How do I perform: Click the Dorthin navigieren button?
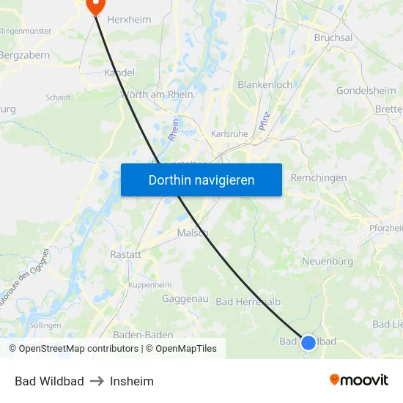pos(202,180)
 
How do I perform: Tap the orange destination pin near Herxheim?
pos(95,6)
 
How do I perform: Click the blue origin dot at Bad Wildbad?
pos(308,342)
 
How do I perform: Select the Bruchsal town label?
pos(333,37)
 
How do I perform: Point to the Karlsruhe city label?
pos(229,134)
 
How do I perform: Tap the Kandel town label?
pos(119,73)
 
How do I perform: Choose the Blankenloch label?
pos(265,85)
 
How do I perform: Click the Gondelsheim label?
pos(366,91)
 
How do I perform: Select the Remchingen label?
pos(319,178)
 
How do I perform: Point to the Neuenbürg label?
pos(328,262)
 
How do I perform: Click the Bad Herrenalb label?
pos(248,302)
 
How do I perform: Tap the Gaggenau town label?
pos(185,299)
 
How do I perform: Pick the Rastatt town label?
pos(125,254)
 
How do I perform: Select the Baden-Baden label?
pos(144,335)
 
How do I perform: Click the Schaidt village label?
pos(58,97)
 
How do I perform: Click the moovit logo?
pos(359,380)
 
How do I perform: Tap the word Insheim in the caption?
pos(132,381)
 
